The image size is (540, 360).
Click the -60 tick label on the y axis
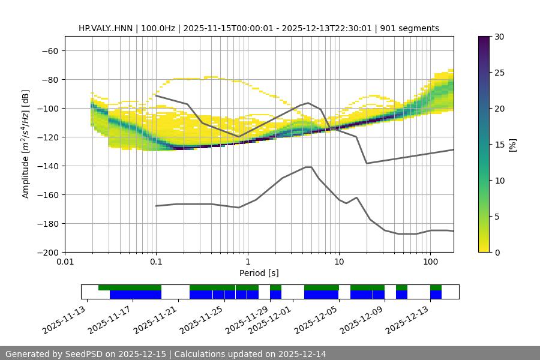point(50,50)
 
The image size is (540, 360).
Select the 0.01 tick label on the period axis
point(65,262)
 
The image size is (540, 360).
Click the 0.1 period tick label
point(156,262)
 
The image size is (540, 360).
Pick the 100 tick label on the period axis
point(430,262)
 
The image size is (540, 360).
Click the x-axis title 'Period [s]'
point(259,273)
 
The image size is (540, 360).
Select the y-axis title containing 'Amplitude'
point(26,144)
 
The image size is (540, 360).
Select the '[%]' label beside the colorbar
point(512,145)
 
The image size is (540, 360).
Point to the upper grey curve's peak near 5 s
point(308,103)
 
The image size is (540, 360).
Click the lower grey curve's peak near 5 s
point(308,167)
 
